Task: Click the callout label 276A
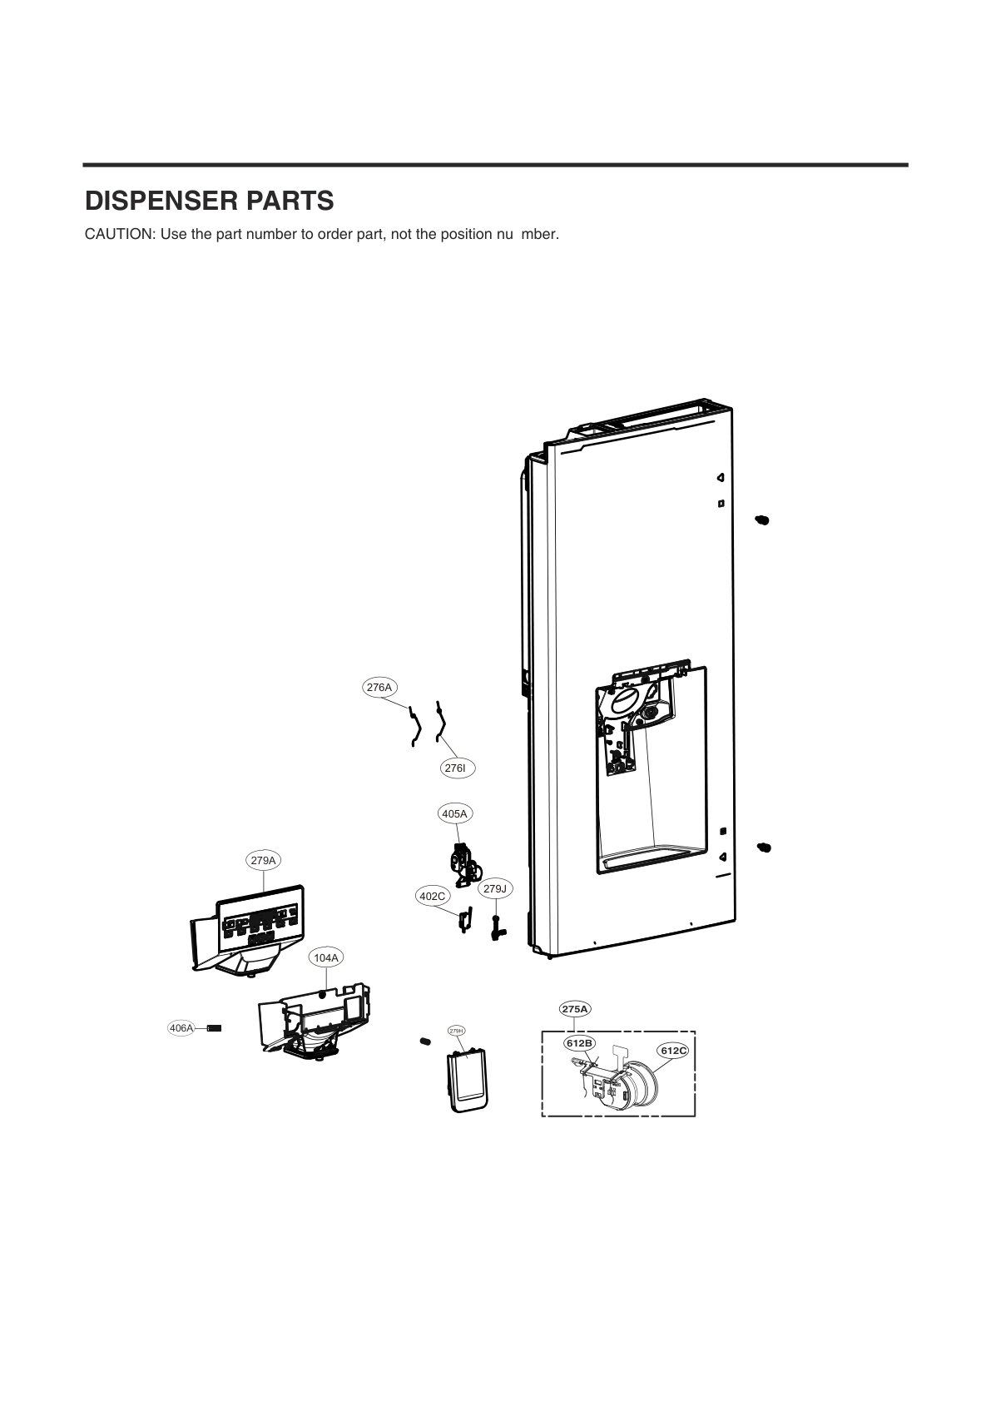(x=379, y=688)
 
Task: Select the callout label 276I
(x=455, y=768)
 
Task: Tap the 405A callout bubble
(x=454, y=813)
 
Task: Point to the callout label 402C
(x=432, y=896)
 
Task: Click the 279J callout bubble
(x=495, y=889)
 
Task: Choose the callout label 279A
(x=263, y=860)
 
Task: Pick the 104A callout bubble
(x=326, y=958)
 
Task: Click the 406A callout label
(x=181, y=1028)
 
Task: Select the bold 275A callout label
(x=575, y=1009)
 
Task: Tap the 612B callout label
(x=579, y=1043)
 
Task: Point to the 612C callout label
(x=673, y=1051)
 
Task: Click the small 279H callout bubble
(x=456, y=1031)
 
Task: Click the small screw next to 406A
(x=215, y=1028)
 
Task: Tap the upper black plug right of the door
(x=762, y=520)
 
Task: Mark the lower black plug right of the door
(x=764, y=847)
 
